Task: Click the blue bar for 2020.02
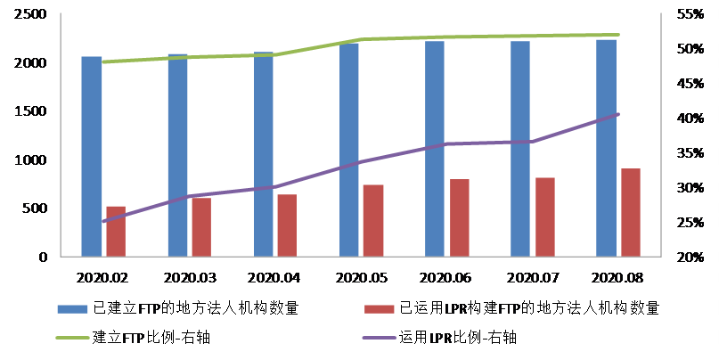pyautogui.click(x=92, y=157)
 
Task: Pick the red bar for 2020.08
pyautogui.click(x=630, y=212)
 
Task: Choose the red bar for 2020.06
pyautogui.click(x=459, y=217)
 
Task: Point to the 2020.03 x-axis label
pyautogui.click(x=189, y=277)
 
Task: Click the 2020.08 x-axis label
pyautogui.click(x=617, y=277)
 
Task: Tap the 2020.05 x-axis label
pyautogui.click(x=361, y=277)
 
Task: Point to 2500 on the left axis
pyautogui.click(x=31, y=15)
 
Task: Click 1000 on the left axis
pyautogui.click(x=31, y=160)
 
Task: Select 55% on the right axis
pyautogui.click(x=688, y=15)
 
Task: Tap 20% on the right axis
pyautogui.click(x=688, y=258)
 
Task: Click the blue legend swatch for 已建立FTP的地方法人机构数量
pyautogui.click(x=71, y=309)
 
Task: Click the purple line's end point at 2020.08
pyautogui.click(x=617, y=114)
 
